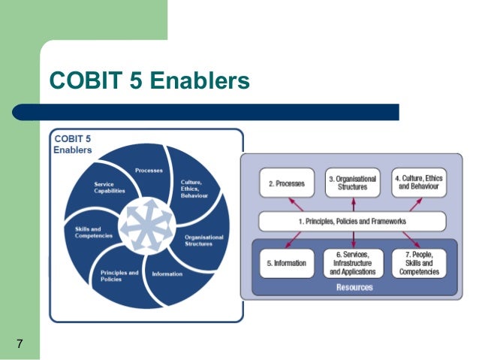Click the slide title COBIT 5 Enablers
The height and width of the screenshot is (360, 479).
point(149,80)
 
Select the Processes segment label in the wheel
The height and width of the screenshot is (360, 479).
point(148,170)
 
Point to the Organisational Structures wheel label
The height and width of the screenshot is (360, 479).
point(203,241)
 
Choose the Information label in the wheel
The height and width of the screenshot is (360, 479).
point(167,274)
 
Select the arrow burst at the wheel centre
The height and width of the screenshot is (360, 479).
point(147,222)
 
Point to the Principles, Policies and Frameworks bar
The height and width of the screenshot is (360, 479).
point(352,222)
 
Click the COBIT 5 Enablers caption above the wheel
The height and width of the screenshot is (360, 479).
point(73,144)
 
